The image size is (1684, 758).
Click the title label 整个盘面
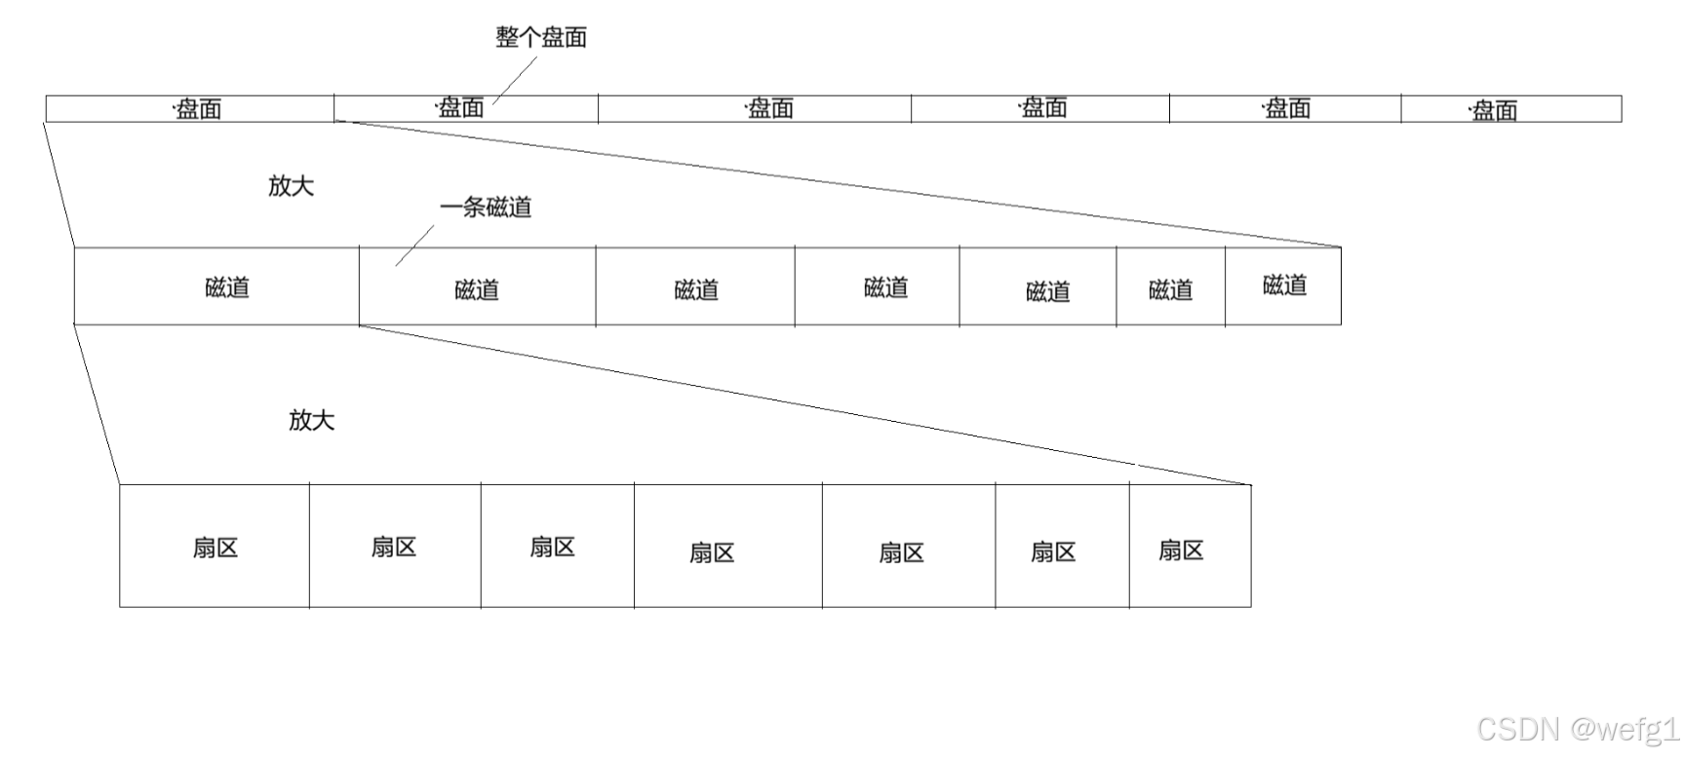click(541, 37)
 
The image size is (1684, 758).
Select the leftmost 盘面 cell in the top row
click(190, 108)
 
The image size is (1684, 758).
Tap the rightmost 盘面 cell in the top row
click(1510, 109)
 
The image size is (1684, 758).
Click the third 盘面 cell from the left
click(755, 108)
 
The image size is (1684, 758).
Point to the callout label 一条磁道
click(486, 207)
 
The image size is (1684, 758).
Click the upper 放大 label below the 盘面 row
click(291, 185)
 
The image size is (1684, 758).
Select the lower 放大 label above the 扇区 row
click(311, 419)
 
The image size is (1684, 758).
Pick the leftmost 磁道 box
click(216, 286)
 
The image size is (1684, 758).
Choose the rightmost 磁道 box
click(1283, 285)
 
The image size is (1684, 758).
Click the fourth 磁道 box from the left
click(877, 287)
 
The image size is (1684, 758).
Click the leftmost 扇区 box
click(215, 547)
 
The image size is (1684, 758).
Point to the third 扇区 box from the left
click(557, 547)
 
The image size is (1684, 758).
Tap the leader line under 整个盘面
click(516, 79)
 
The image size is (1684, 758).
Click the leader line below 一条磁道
click(415, 246)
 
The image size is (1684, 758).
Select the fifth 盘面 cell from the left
click(1285, 108)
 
